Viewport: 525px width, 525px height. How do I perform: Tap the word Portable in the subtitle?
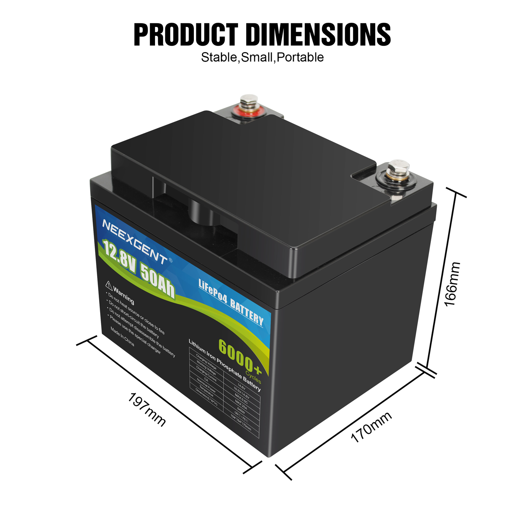click(x=300, y=57)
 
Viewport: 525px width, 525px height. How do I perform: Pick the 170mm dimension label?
click(x=371, y=427)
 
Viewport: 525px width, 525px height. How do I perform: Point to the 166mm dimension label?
click(x=452, y=284)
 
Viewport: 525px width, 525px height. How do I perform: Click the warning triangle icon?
click(x=109, y=284)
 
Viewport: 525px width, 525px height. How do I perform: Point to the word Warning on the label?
click(x=124, y=294)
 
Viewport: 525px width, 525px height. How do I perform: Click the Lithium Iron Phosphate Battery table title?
click(x=224, y=365)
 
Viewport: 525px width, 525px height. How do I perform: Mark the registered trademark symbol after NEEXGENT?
click(x=170, y=260)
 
